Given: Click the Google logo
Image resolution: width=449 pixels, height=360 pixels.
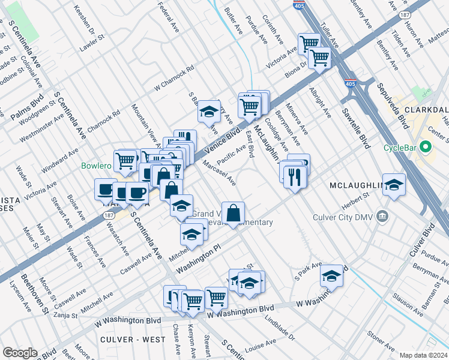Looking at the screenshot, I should [x=20, y=352].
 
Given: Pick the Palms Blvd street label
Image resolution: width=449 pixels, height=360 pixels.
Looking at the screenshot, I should [x=27, y=106].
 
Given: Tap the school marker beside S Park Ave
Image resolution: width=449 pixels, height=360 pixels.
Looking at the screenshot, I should [x=331, y=275].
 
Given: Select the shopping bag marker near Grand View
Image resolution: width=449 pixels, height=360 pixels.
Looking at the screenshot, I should [x=234, y=212].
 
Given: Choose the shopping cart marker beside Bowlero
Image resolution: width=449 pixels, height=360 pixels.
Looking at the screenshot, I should [x=125, y=160].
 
